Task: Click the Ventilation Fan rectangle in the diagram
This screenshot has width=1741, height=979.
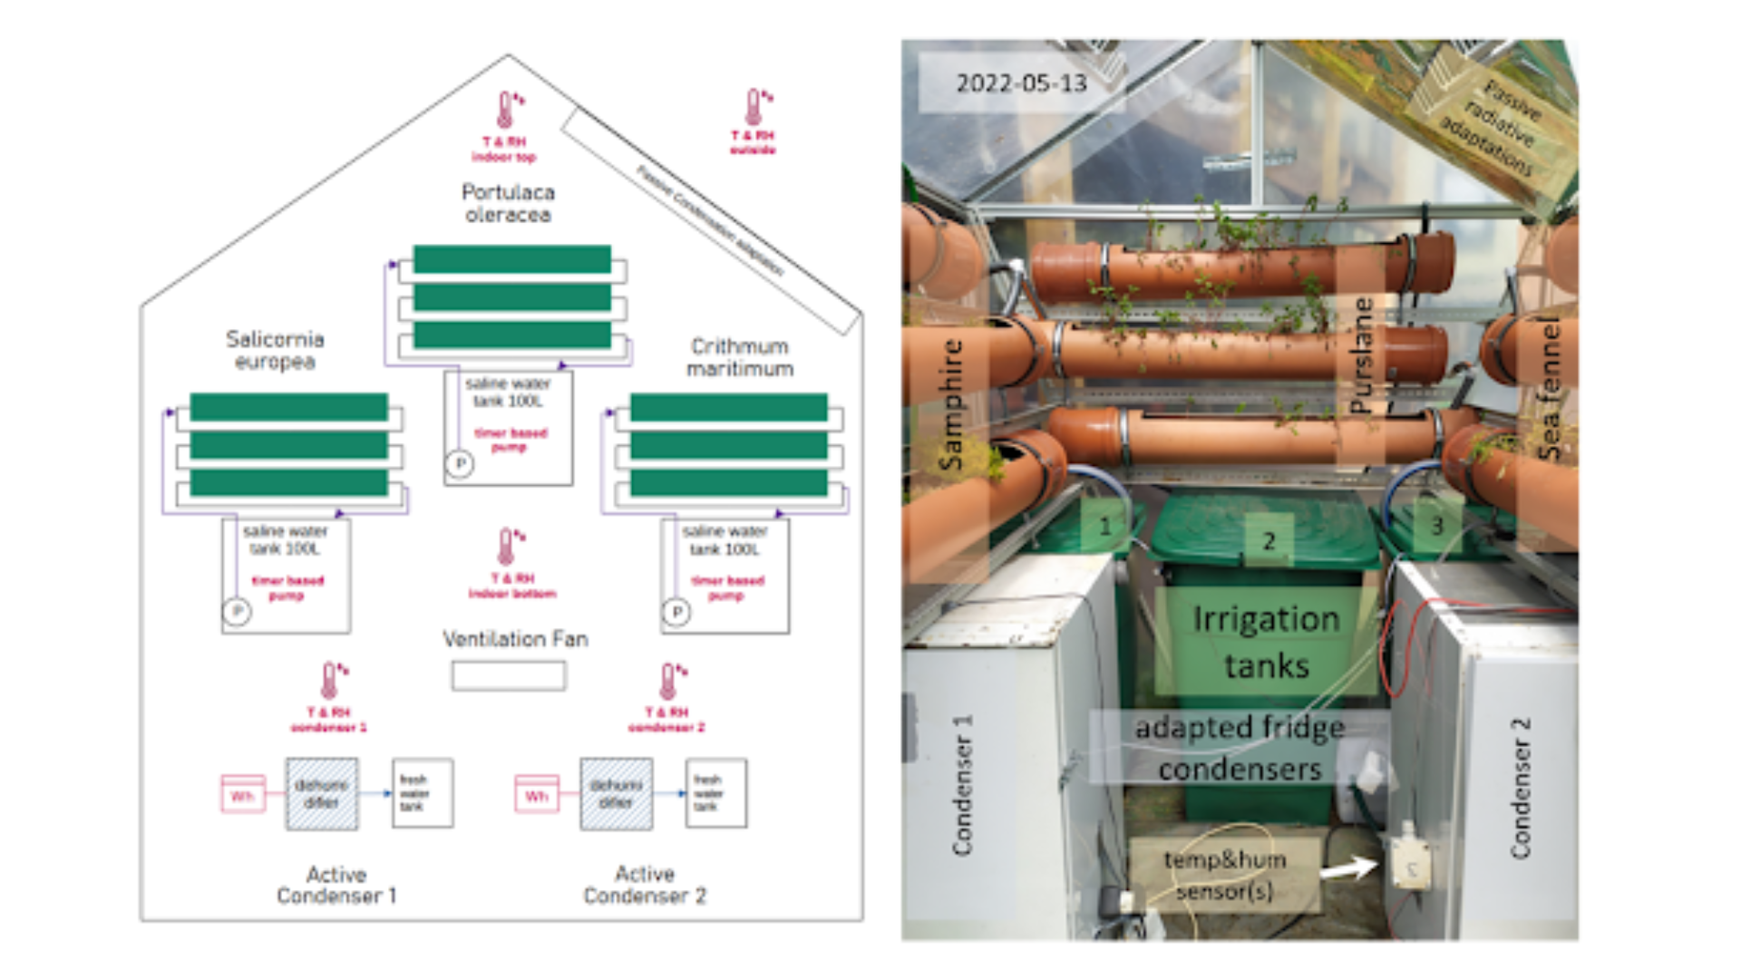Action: click(509, 675)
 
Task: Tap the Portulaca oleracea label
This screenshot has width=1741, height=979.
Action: click(508, 203)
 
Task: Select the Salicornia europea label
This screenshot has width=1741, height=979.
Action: click(275, 350)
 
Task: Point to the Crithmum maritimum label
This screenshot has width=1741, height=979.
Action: click(740, 357)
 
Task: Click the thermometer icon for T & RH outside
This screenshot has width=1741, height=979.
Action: click(754, 107)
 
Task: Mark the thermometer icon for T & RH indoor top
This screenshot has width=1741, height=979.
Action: click(505, 110)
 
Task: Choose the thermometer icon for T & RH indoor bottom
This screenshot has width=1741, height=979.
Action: click(506, 547)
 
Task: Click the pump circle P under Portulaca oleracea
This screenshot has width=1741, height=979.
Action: click(460, 464)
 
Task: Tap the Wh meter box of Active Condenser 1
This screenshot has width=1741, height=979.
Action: click(243, 794)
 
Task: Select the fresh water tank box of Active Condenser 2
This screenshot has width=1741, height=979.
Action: click(716, 793)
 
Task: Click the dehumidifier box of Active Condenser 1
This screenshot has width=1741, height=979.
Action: click(322, 793)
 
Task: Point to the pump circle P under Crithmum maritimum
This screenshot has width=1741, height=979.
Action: click(676, 612)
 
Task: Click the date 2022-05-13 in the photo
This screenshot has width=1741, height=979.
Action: click(1021, 83)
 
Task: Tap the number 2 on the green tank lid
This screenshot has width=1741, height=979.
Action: click(1269, 541)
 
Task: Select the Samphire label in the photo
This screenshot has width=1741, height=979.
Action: click(950, 404)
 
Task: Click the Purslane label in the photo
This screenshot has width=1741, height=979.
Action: click(1361, 355)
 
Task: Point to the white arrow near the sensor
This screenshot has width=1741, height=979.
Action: click(1348, 868)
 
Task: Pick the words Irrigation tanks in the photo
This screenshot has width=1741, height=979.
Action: click(1266, 642)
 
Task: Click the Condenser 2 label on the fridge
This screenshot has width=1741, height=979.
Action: click(1521, 787)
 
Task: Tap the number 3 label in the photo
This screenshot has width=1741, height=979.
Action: click(1436, 526)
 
